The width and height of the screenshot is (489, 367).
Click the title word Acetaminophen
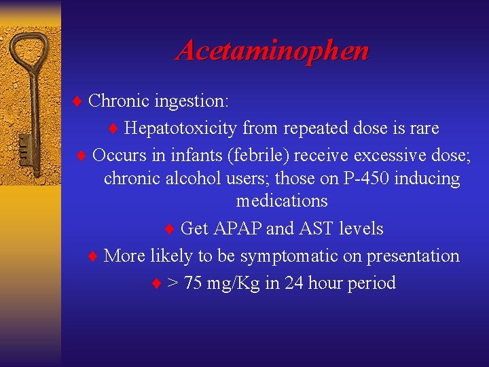click(272, 51)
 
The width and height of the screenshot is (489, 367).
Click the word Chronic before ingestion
click(119, 101)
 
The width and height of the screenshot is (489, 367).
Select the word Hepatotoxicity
click(181, 128)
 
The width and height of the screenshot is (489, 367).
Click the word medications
click(282, 201)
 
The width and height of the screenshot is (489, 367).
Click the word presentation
click(413, 256)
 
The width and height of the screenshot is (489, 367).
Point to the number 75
click(194, 283)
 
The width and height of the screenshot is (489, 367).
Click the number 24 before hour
click(294, 283)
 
